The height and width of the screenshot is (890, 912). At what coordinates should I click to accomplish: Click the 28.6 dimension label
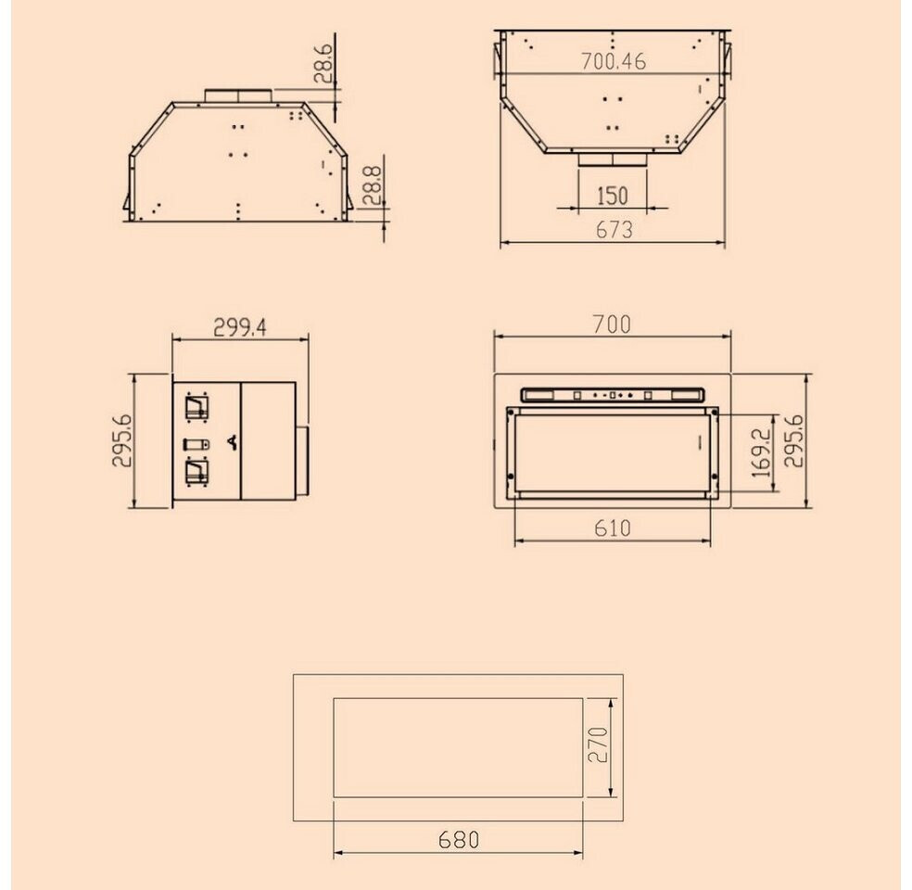pyautogui.click(x=323, y=63)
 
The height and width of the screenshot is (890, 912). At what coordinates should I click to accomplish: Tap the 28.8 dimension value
pyautogui.click(x=372, y=185)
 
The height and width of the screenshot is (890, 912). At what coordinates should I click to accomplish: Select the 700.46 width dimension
pyautogui.click(x=614, y=61)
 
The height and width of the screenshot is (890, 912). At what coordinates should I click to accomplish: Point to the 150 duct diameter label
pyautogui.click(x=613, y=196)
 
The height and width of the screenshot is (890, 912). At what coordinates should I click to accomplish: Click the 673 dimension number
pyautogui.click(x=614, y=230)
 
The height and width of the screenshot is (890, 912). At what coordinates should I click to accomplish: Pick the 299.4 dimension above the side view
pyautogui.click(x=240, y=327)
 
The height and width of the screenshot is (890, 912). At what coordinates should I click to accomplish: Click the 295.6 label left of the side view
pyautogui.click(x=122, y=440)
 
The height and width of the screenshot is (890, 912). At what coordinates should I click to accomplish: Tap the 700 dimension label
pyautogui.click(x=612, y=324)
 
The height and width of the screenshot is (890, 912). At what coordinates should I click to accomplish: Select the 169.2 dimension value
pyautogui.click(x=761, y=452)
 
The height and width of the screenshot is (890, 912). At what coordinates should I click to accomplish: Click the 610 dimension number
pyautogui.click(x=613, y=528)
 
